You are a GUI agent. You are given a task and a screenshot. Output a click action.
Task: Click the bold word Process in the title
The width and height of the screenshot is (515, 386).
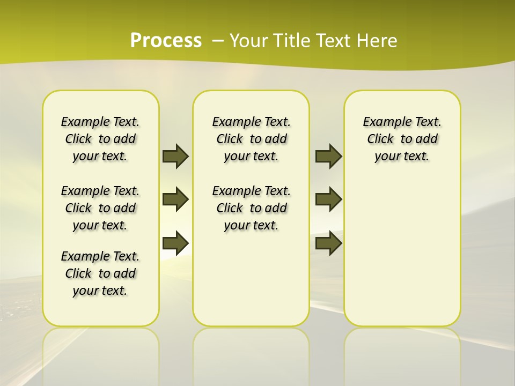click(x=166, y=41)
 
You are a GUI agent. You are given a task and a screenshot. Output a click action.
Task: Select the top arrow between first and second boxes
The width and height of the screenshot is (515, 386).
click(x=175, y=156)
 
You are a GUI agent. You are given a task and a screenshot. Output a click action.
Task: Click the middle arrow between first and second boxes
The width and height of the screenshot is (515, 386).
click(x=175, y=199)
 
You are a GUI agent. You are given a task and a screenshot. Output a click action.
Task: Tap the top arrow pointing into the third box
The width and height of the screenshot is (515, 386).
click(x=328, y=156)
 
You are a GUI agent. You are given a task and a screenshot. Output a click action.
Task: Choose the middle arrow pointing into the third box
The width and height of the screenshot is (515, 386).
click(x=328, y=199)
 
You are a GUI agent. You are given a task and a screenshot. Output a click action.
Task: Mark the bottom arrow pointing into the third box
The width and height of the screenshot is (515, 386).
click(x=328, y=243)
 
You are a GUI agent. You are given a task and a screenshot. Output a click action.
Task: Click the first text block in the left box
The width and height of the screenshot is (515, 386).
click(x=100, y=139)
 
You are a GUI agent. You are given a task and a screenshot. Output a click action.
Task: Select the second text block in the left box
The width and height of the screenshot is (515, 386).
click(x=100, y=208)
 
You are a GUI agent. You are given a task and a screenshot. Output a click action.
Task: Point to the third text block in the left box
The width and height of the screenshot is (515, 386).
click(x=100, y=273)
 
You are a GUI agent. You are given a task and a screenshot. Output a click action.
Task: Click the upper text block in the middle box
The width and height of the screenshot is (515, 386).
click(x=252, y=139)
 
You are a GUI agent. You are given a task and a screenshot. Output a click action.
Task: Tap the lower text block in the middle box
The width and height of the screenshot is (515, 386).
click(x=252, y=208)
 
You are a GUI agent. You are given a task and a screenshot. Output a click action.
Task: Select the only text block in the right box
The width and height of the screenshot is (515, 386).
click(x=402, y=139)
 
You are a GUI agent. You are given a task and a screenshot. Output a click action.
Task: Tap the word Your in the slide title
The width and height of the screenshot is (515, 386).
click(x=248, y=41)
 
